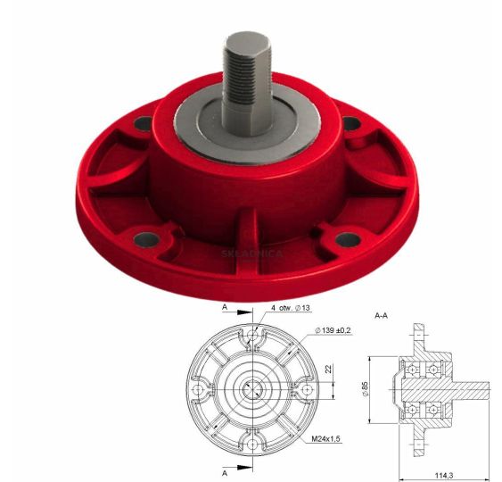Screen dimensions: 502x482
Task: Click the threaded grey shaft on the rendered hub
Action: coord(246,83)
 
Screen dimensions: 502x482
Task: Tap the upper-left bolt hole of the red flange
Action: coord(143,123)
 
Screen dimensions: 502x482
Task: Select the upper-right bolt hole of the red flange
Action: coord(351,123)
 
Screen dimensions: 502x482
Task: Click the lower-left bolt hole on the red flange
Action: coord(146,239)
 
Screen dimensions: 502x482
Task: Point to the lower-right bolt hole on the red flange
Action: coord(348,239)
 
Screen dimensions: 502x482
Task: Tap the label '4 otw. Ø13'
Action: coord(291,308)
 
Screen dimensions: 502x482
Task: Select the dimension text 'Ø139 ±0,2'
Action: coord(333,330)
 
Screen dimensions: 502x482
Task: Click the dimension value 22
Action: coord(328,369)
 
